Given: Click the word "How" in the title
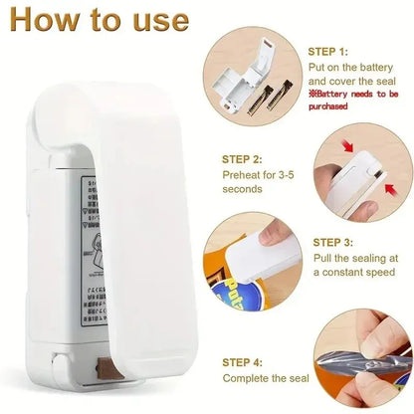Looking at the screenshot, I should [x=41, y=21].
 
